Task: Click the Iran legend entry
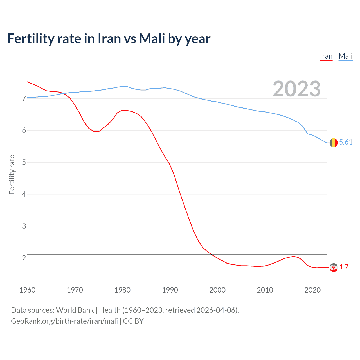coord(326,56)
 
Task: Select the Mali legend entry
coord(345,56)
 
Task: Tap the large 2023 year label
coord(297,89)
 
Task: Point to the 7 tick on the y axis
coord(24,98)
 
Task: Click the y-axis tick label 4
coord(24,194)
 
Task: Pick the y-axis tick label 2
coord(24,258)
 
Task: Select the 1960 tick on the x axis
coord(27,290)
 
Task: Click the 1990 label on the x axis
coord(170,290)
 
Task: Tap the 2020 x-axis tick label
coord(312,290)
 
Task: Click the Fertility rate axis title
coord(12,174)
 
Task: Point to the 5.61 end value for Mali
coord(346,142)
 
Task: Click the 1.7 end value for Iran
coord(344,267)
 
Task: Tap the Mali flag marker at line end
coord(334,143)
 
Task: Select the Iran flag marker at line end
coord(334,267)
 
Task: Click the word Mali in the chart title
coord(152,39)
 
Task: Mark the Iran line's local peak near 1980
coord(122,110)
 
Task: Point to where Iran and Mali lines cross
coord(62,93)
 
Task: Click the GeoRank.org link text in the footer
coord(64,321)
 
